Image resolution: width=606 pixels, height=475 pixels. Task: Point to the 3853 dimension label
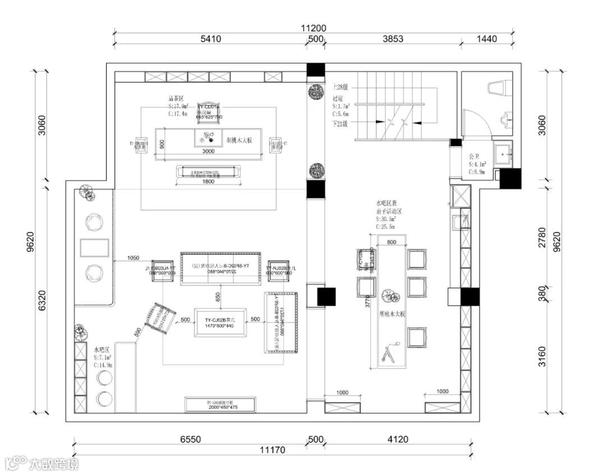point(392,39)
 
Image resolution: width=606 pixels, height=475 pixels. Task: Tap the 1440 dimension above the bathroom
point(486,39)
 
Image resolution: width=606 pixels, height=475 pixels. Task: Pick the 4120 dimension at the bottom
point(397,440)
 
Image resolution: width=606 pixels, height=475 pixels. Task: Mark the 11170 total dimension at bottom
point(273,450)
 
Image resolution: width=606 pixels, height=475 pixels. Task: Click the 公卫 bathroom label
point(474,157)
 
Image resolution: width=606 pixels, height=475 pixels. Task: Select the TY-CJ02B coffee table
point(221,322)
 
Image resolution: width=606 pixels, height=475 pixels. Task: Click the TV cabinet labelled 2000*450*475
point(221,404)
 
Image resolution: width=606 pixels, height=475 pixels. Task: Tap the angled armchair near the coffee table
point(160,318)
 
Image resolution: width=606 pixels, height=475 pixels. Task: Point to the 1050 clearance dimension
point(133,258)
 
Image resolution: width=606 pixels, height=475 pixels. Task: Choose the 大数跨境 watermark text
point(54,463)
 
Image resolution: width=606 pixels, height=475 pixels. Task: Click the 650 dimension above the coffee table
point(217,295)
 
